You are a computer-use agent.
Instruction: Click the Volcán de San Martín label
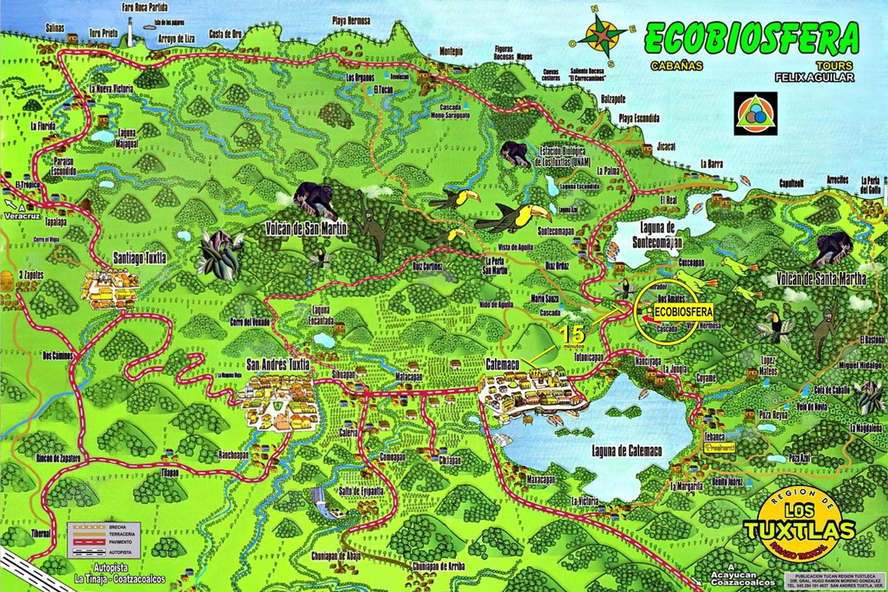(306, 229)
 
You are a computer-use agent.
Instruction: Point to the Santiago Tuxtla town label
(140, 259)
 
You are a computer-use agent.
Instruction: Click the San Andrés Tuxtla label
(278, 365)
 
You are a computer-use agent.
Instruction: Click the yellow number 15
(572, 334)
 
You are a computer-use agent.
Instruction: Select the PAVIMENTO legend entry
(120, 542)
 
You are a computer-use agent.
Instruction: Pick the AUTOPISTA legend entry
(120, 552)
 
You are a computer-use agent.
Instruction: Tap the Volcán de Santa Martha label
(821, 279)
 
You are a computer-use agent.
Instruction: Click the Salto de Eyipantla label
(361, 491)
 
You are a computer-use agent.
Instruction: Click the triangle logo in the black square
(755, 114)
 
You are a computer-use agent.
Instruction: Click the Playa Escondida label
(639, 118)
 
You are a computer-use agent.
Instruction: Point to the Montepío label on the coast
(451, 51)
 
